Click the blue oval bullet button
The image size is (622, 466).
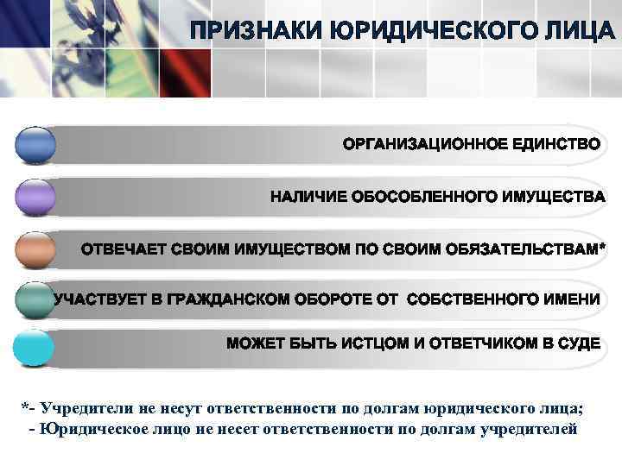pos(35,144)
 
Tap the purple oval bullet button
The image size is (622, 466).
pos(35,198)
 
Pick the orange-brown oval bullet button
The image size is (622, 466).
pos(35,249)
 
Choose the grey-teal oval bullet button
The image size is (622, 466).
pos(35,299)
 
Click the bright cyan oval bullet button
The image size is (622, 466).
pos(35,349)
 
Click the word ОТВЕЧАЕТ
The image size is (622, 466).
pos(124,249)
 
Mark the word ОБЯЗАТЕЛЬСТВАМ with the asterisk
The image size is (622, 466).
pos(528,249)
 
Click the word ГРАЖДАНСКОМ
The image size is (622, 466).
pos(230,299)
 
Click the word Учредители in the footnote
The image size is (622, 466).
pos(83,407)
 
